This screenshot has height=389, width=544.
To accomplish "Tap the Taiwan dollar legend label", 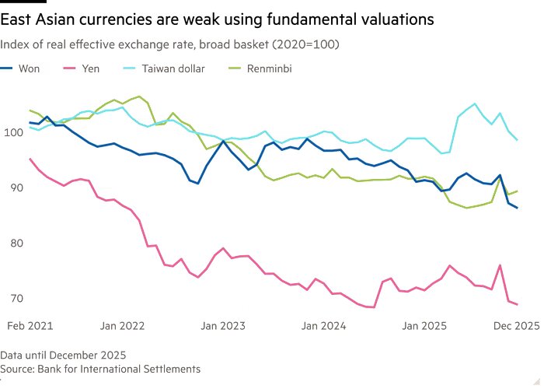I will pyautogui.click(x=173, y=68).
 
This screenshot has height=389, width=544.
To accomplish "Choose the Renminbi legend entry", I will pyautogui.click(x=270, y=68).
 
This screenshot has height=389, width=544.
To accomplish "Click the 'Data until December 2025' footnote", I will pyautogui.click(x=64, y=355).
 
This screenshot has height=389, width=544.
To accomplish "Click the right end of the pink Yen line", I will pyautogui.click(x=517, y=304).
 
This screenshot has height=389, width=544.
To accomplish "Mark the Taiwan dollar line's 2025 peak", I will pyautogui.click(x=475, y=103).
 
